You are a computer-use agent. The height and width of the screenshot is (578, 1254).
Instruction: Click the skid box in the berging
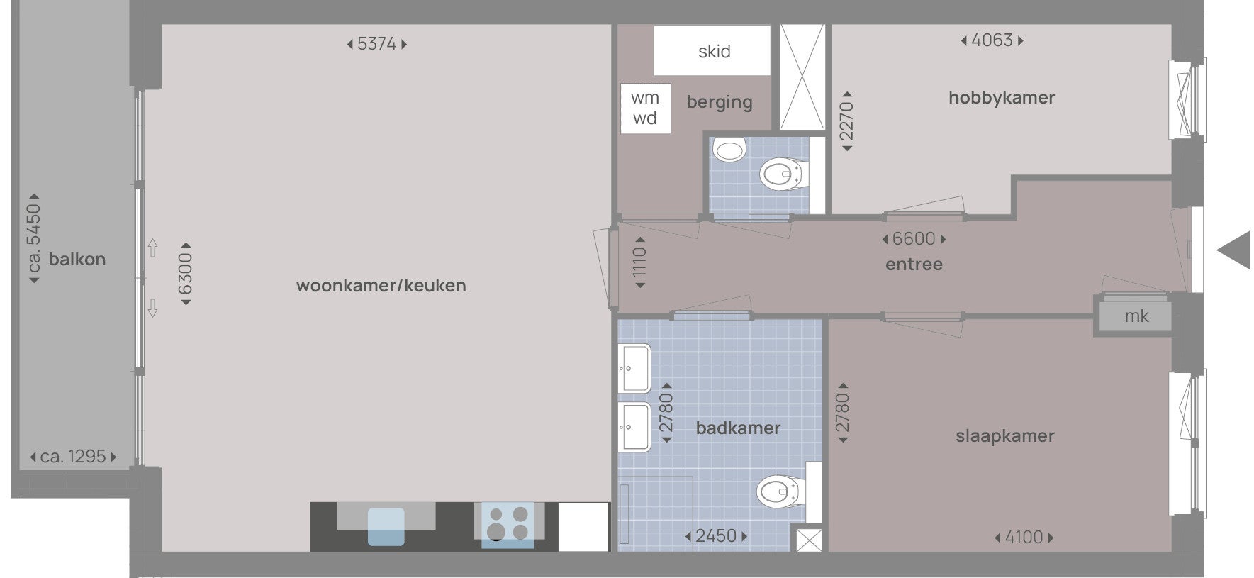click(x=712, y=51)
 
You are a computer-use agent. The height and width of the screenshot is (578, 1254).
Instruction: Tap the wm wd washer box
click(x=645, y=108)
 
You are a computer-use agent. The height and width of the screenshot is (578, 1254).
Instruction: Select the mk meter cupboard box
click(x=1136, y=316)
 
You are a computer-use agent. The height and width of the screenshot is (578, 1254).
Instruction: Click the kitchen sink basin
click(x=386, y=526)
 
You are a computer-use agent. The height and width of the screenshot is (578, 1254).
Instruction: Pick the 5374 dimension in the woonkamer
click(x=376, y=44)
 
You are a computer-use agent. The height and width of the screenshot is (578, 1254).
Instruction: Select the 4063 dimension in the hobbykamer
click(x=992, y=40)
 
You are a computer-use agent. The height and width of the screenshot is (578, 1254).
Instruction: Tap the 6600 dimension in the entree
click(x=914, y=239)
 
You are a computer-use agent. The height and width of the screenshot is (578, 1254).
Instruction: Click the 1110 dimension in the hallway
click(x=640, y=262)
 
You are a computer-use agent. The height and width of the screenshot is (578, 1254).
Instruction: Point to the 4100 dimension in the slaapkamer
click(x=1024, y=538)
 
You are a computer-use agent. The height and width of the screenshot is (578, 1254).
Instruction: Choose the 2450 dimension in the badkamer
click(x=716, y=536)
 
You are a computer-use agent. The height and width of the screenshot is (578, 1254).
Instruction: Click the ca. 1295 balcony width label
click(x=73, y=457)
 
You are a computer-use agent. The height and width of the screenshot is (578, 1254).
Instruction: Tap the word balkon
click(x=77, y=260)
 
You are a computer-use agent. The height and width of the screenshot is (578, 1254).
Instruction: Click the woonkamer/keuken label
click(x=381, y=286)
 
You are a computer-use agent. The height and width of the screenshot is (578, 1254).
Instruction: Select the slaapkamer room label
click(x=1004, y=436)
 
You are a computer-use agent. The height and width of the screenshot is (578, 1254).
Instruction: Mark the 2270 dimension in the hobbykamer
click(x=846, y=121)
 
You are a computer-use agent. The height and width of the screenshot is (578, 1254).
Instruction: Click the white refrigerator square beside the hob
click(x=583, y=526)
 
